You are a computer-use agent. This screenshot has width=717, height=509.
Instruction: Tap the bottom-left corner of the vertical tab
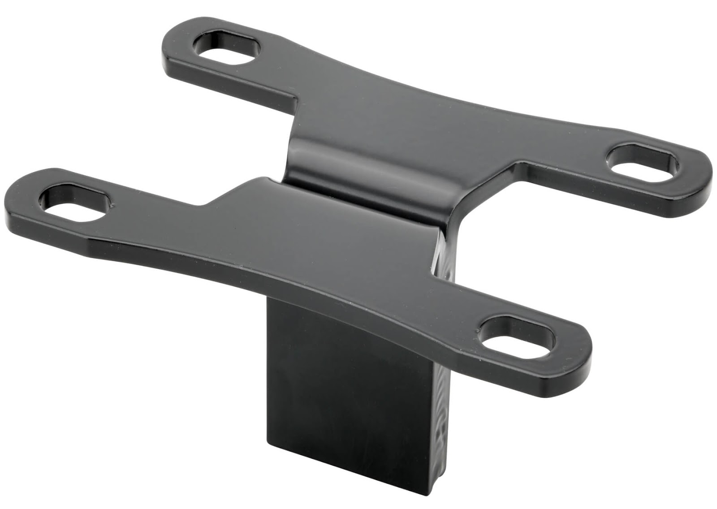pyautogui.click(x=268, y=441)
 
